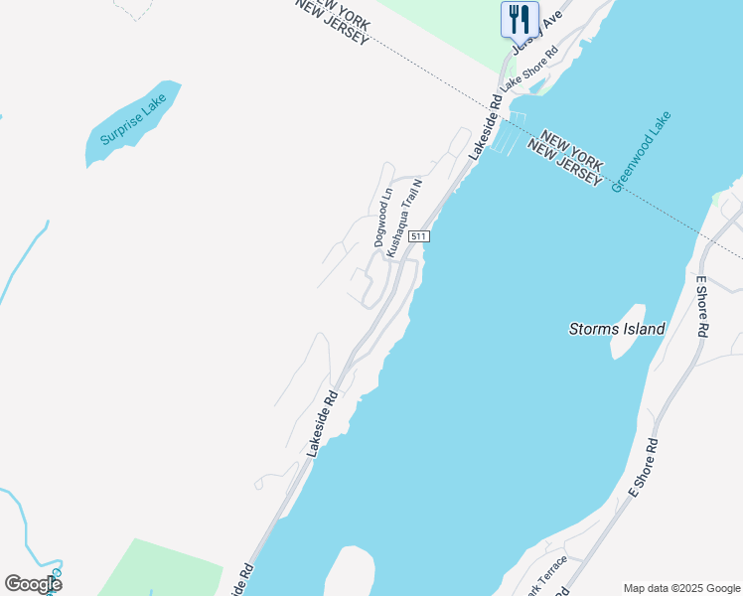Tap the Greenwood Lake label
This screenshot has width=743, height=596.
pos(642,151)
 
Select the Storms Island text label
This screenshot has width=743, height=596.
pos(616,329)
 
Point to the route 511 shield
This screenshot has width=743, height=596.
pos(419,236)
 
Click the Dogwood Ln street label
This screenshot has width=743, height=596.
pos(383,218)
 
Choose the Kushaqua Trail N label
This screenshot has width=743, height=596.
pos(404,219)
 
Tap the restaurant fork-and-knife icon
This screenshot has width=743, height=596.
pos(519,19)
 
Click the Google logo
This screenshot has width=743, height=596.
pos(33,583)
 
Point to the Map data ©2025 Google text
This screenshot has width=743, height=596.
pos(680,588)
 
